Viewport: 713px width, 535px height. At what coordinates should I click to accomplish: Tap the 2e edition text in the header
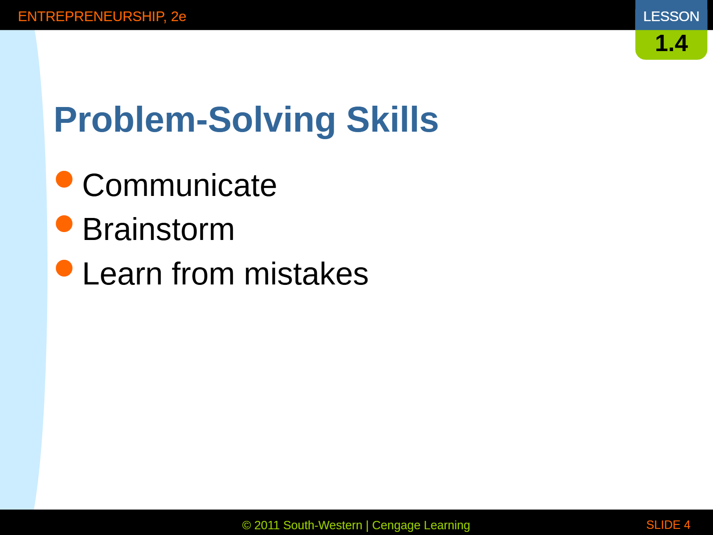179,17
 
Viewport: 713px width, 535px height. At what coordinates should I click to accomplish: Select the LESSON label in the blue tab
671,17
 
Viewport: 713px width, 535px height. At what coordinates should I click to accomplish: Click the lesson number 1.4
671,43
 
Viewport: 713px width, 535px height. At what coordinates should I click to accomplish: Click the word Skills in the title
393,119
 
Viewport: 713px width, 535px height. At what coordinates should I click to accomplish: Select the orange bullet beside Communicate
64,179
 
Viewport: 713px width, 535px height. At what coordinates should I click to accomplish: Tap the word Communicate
180,185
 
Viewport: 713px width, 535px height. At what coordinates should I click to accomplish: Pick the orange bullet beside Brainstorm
64,224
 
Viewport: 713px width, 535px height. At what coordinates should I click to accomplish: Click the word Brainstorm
158,229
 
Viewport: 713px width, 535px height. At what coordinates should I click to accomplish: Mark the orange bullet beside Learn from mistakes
64,268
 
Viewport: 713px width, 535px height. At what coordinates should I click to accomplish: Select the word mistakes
306,274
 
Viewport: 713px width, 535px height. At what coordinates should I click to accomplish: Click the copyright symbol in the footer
246,525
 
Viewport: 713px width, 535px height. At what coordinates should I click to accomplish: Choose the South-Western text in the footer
323,525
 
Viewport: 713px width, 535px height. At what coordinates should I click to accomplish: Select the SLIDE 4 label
668,525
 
